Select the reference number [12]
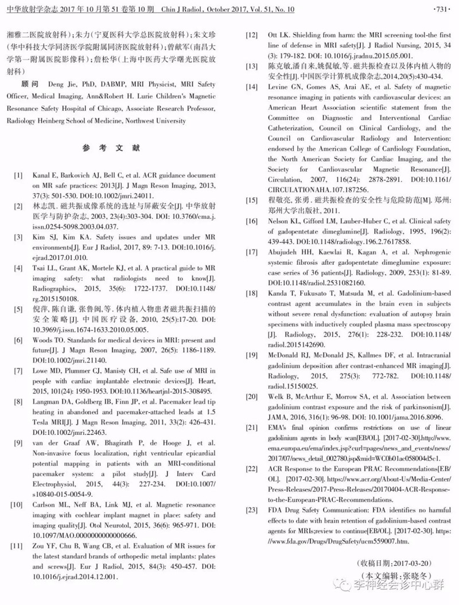click(x=251, y=36)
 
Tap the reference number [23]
click(x=251, y=508)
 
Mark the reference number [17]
click(x=251, y=252)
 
